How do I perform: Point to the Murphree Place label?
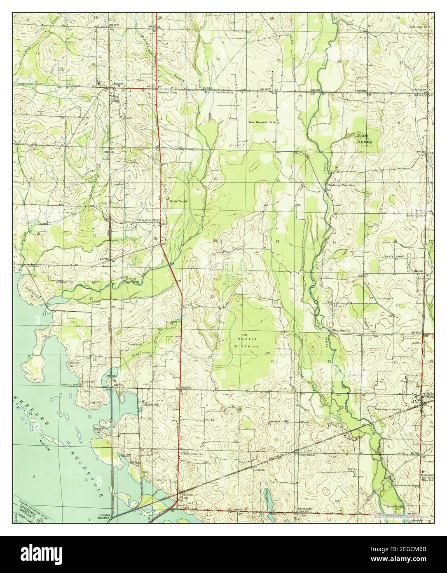[149, 220]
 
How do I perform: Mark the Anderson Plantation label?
[342, 186]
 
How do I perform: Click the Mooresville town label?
[396, 506]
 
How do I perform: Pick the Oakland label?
[187, 388]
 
